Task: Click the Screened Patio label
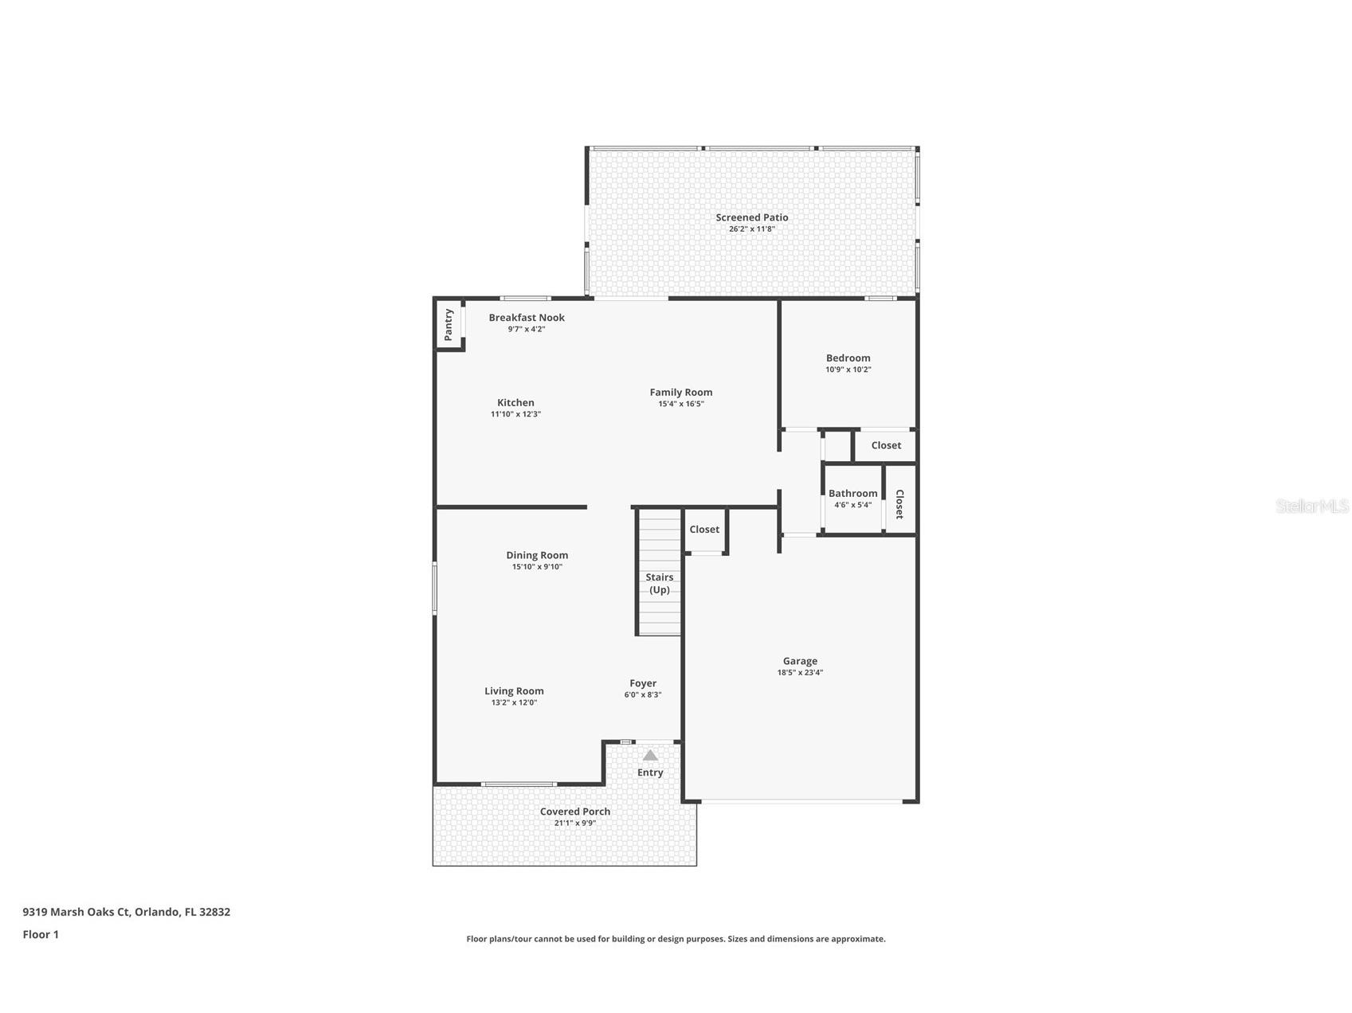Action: [751, 217]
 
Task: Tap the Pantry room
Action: [449, 325]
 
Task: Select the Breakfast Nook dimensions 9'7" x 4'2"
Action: [526, 329]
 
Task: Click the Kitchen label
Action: [515, 403]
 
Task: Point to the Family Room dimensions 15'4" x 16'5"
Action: [680, 404]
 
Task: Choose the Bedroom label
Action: [848, 358]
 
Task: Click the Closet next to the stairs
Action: [704, 530]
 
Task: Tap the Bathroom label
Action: [852, 494]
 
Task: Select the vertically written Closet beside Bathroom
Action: [899, 503]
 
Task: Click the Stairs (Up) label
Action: [659, 583]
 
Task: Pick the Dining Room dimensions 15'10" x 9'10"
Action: [537, 567]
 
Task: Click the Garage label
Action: [800, 661]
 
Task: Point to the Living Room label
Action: [514, 691]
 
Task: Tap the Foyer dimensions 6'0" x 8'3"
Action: [642, 694]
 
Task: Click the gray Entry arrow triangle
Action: [650, 755]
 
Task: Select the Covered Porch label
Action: [574, 812]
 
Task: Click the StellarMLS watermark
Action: [1311, 506]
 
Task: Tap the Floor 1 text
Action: [41, 934]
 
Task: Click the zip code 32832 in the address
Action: [215, 912]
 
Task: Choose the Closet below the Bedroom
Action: [886, 445]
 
